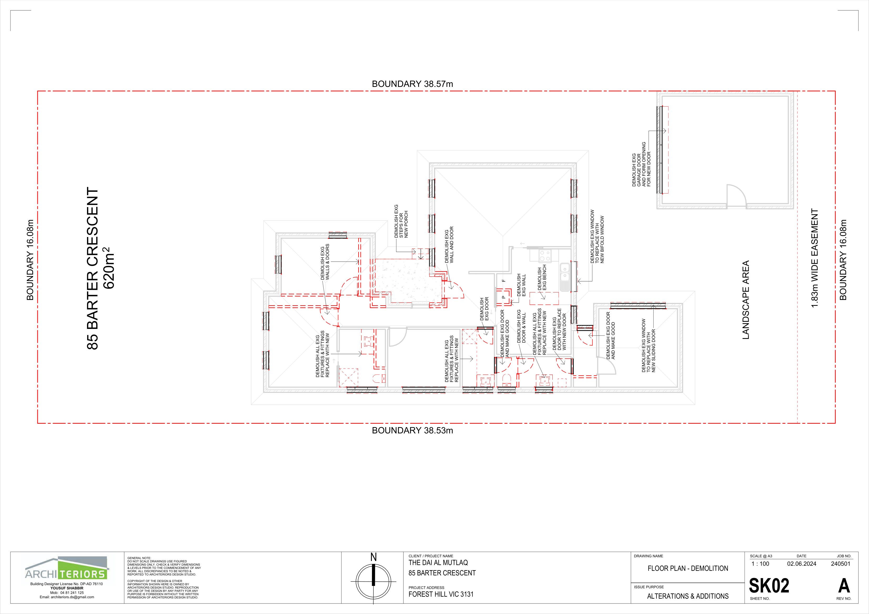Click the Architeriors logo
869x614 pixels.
pyautogui.click(x=67, y=568)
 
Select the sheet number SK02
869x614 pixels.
pyautogui.click(x=769, y=586)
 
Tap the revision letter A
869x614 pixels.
pyautogui.click(x=844, y=586)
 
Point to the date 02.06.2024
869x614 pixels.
pyautogui.click(x=802, y=564)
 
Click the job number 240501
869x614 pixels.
pyautogui.click(x=841, y=564)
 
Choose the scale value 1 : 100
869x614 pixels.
pyautogui.click(x=760, y=564)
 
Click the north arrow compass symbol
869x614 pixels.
pyautogui.click(x=374, y=581)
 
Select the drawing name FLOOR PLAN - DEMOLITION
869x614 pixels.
pyautogui.click(x=688, y=568)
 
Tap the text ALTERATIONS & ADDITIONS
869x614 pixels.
pyautogui.click(x=688, y=596)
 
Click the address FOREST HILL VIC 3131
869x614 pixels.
pyautogui.click(x=441, y=594)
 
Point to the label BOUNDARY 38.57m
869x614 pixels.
pyautogui.click(x=412, y=84)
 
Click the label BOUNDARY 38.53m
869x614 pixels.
pyautogui.click(x=412, y=431)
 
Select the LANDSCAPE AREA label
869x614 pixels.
pyautogui.click(x=746, y=300)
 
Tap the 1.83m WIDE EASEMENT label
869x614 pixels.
pyautogui.click(x=815, y=258)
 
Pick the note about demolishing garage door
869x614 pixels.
pyautogui.click(x=641, y=164)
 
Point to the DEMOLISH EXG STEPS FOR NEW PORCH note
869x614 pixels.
pyautogui.click(x=401, y=221)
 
